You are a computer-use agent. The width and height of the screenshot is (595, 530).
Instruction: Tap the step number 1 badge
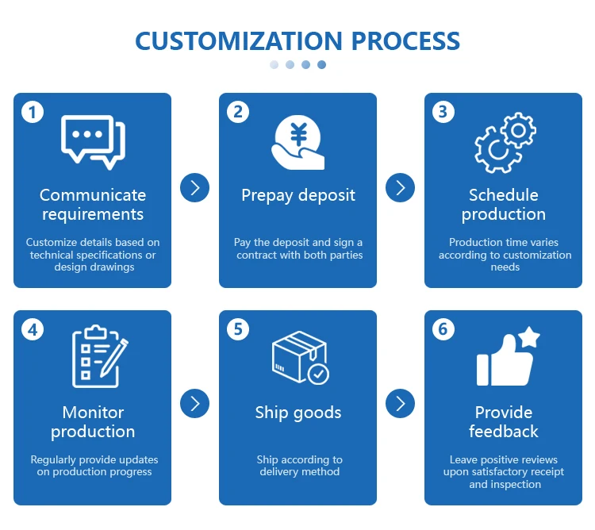33,112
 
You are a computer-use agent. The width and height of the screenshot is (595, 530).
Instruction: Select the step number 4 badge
33,328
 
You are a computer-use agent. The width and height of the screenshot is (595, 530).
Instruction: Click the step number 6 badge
443,328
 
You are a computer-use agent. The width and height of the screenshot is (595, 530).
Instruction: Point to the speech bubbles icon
93,142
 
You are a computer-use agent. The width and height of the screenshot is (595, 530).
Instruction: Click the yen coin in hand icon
298,142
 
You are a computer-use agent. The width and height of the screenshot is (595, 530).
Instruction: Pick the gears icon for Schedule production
505,142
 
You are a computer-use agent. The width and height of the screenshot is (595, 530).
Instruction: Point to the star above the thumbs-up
528,337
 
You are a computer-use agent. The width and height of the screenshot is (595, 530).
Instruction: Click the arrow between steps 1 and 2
194,187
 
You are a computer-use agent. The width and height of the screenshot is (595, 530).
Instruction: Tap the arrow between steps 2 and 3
400,187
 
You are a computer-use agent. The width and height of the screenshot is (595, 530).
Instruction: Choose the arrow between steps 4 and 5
194,403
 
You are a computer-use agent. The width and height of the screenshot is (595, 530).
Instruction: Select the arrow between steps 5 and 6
400,403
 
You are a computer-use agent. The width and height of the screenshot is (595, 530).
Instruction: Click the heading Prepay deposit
298,195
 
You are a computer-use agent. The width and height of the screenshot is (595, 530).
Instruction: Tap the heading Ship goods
298,413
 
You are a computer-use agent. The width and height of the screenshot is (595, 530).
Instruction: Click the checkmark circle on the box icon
318,373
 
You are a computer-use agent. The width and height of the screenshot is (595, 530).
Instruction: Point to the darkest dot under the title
321,65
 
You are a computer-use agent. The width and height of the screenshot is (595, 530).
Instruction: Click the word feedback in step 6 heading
503,432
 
